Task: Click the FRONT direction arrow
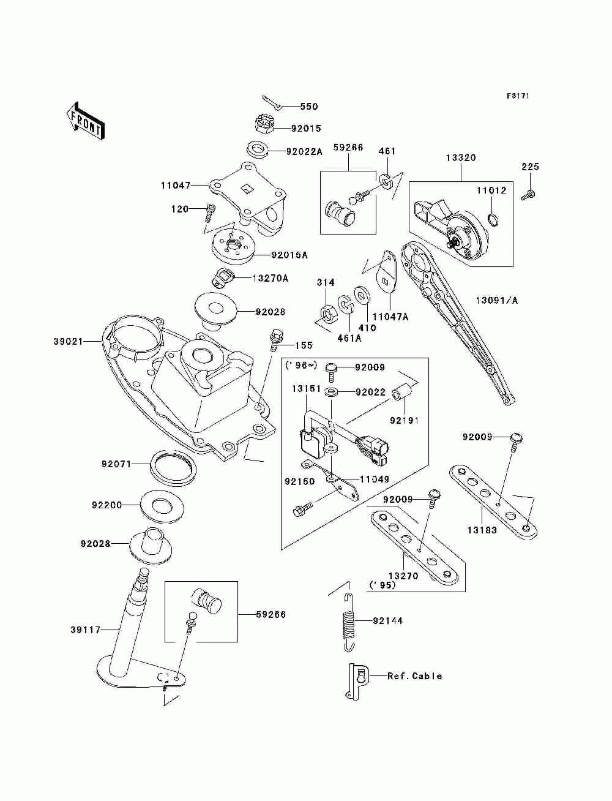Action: (x=86, y=121)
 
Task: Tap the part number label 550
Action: (x=309, y=107)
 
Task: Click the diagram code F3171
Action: (x=518, y=96)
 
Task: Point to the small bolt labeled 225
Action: (x=528, y=194)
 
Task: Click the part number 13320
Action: (x=461, y=158)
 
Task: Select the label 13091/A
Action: (x=497, y=300)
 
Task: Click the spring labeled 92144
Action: (x=348, y=622)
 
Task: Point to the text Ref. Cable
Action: (x=415, y=676)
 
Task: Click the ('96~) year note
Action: (x=301, y=366)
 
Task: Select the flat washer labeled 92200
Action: (x=162, y=506)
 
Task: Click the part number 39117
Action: (x=85, y=630)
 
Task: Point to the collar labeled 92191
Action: (x=401, y=394)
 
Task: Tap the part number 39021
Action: (x=68, y=342)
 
